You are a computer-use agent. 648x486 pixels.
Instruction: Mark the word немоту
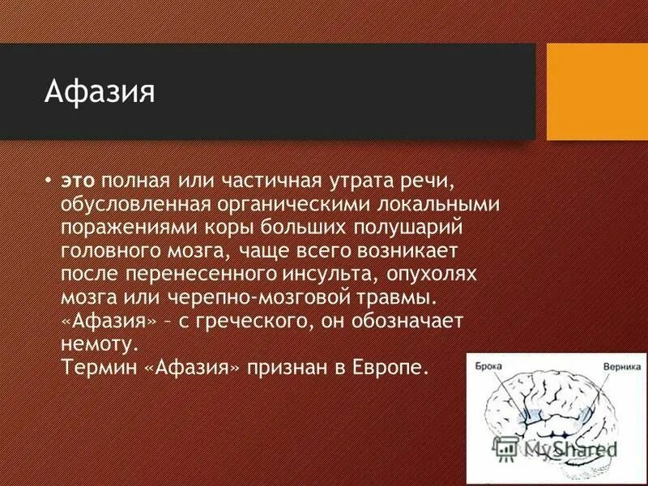coord(95,343)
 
